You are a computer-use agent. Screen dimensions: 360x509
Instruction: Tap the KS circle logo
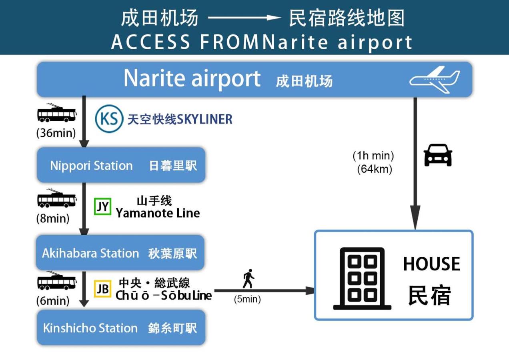(109, 119)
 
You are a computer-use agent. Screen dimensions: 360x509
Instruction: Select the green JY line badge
(103, 206)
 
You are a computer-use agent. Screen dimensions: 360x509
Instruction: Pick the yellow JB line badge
(103, 289)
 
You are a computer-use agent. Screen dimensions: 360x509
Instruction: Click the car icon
(438, 155)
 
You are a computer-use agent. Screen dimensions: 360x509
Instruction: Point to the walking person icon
(248, 279)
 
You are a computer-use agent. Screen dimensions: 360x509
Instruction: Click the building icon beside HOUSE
(362, 278)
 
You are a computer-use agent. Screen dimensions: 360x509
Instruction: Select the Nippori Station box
(121, 165)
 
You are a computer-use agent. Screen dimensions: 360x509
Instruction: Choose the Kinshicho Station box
(121, 328)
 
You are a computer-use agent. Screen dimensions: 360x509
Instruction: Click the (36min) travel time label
(56, 133)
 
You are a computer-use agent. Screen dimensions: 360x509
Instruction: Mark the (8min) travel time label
(53, 219)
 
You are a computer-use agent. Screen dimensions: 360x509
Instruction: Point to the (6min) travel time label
(53, 300)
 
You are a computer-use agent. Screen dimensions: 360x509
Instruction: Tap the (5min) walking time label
(247, 299)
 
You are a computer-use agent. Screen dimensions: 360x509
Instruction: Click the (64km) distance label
(375, 169)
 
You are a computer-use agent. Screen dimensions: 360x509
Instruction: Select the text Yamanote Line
(158, 213)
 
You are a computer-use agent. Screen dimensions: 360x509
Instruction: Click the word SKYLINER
(204, 119)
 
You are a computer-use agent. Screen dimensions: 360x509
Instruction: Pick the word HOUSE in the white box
(431, 264)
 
